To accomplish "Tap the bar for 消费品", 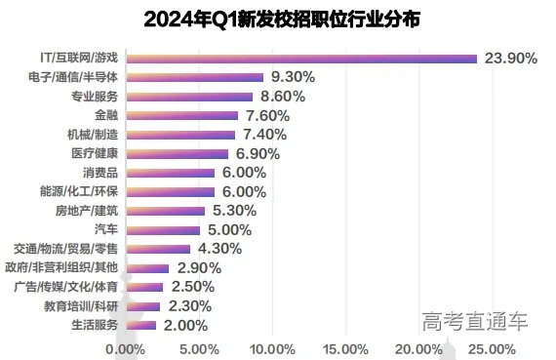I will coord(172,173).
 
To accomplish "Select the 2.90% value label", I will coord(195,267).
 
